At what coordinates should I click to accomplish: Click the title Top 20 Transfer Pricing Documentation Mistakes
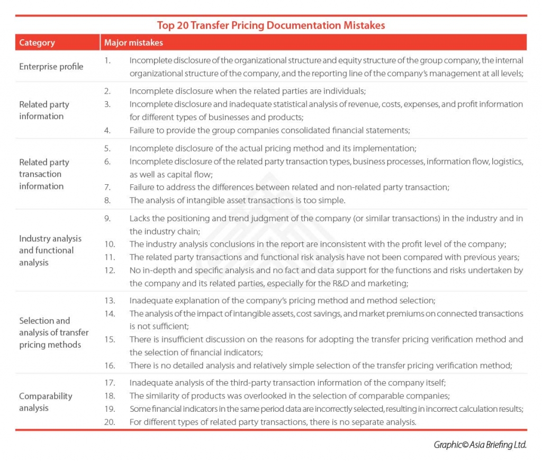[270, 25]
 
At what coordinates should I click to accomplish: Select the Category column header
[37, 42]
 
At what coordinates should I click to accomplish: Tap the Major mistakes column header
[133, 42]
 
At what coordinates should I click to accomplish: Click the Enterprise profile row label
[51, 66]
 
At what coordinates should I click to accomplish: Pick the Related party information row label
[44, 110]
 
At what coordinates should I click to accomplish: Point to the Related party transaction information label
[44, 174]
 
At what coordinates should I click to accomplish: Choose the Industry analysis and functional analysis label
[50, 250]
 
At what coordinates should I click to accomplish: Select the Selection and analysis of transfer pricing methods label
[53, 332]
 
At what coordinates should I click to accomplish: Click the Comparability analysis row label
[46, 402]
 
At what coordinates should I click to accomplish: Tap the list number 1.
[107, 60]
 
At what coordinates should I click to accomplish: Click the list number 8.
[107, 200]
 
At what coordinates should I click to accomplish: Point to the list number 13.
[110, 301]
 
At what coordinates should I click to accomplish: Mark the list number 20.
[110, 422]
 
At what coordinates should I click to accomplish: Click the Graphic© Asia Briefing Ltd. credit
[480, 445]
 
